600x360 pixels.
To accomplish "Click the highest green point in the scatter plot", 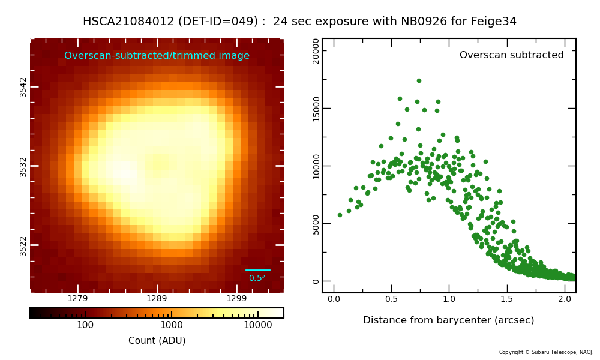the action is click(419, 81).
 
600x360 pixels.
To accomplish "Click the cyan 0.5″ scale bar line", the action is click(257, 270).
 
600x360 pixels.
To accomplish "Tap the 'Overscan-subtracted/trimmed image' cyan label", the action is click(157, 55).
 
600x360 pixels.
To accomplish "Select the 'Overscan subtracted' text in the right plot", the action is click(512, 55).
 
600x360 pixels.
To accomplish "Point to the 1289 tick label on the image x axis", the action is click(157, 298).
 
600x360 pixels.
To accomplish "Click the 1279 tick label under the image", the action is click(77, 298).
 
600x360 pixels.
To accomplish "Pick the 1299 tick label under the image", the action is click(236, 298).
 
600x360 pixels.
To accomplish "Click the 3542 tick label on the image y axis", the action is click(23, 87).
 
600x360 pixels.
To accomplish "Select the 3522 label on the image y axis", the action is click(23, 246).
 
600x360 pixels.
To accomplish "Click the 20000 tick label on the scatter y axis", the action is click(316, 51).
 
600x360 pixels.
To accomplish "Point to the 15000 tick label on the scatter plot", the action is click(316, 109).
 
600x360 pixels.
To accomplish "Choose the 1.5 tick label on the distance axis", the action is click(506, 299).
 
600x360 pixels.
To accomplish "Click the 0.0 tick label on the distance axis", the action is click(334, 299).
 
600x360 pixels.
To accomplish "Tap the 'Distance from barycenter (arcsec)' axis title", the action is click(448, 320).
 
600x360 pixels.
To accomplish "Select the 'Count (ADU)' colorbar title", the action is click(157, 340).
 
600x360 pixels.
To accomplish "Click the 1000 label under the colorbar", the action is click(172, 325).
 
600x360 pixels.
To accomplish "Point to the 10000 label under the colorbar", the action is click(258, 325).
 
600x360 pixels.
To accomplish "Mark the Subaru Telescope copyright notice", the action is click(546, 352).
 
